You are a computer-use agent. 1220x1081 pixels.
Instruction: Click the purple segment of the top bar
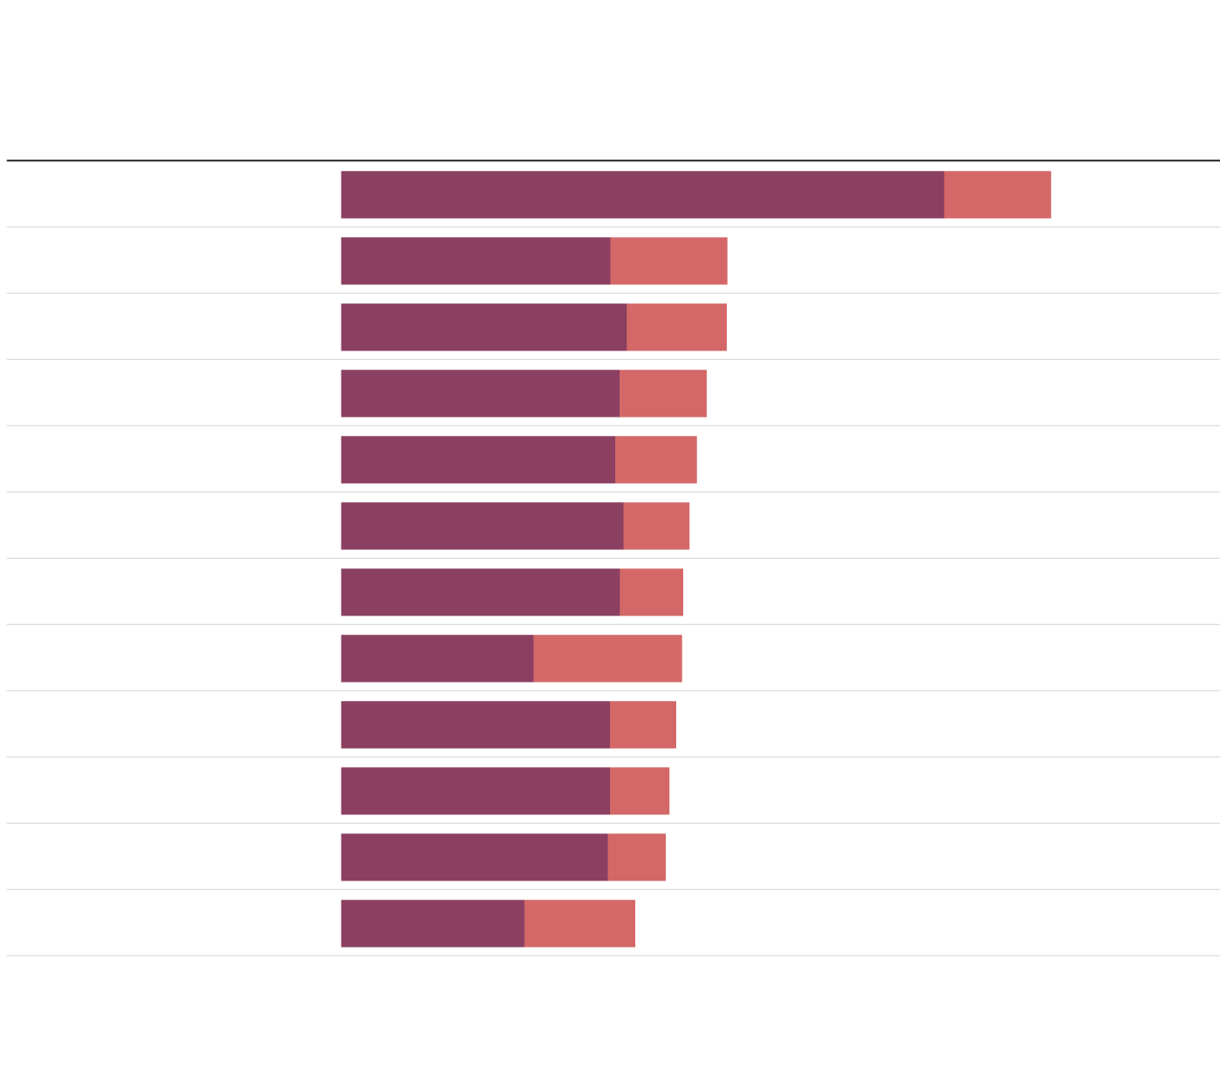click(x=642, y=194)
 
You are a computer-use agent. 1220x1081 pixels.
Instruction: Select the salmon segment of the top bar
click(x=997, y=194)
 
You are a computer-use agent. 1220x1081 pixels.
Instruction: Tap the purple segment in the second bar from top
click(x=475, y=261)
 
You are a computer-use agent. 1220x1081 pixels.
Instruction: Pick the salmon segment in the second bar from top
click(x=668, y=261)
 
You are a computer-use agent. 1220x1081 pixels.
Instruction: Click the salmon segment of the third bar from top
click(x=676, y=327)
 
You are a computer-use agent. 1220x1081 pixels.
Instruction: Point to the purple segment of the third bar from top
click(x=484, y=327)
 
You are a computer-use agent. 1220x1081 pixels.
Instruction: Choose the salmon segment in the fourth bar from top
click(x=663, y=393)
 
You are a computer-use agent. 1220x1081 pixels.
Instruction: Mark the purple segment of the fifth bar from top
click(x=478, y=459)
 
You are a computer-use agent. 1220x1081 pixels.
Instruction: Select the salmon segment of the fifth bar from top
click(x=656, y=459)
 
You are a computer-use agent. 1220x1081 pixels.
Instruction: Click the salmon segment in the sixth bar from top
click(x=656, y=526)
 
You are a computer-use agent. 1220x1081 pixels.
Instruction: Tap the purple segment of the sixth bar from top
click(x=482, y=526)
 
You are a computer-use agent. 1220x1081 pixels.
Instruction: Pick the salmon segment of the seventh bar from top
click(x=651, y=592)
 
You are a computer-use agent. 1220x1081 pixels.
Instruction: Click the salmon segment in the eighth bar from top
click(x=607, y=658)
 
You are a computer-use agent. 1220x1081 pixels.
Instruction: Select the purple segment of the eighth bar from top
click(x=437, y=658)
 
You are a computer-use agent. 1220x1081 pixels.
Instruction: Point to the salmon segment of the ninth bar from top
click(x=643, y=724)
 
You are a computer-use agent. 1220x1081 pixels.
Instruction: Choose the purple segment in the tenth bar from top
click(x=475, y=791)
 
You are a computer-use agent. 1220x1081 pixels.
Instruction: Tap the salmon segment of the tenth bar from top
click(x=640, y=791)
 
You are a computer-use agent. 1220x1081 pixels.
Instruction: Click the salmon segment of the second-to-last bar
click(x=636, y=857)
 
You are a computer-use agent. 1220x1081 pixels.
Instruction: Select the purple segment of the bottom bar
click(x=432, y=923)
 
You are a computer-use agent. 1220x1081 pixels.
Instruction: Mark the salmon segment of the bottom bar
click(x=579, y=923)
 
